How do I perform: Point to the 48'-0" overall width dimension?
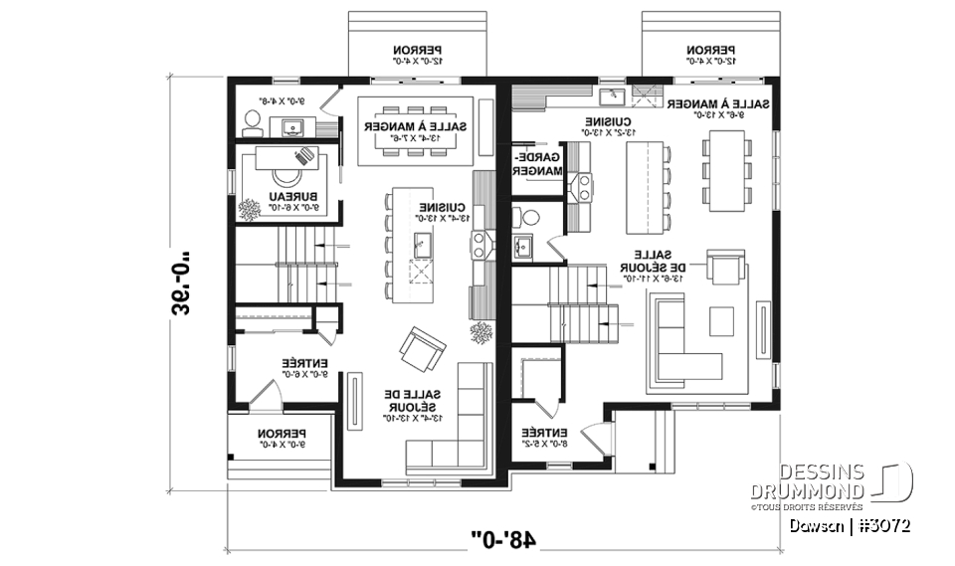click(508, 539)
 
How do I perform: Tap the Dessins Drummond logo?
click(848, 483)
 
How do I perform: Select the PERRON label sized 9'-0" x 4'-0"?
click(280, 439)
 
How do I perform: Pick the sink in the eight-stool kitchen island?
click(421, 240)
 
